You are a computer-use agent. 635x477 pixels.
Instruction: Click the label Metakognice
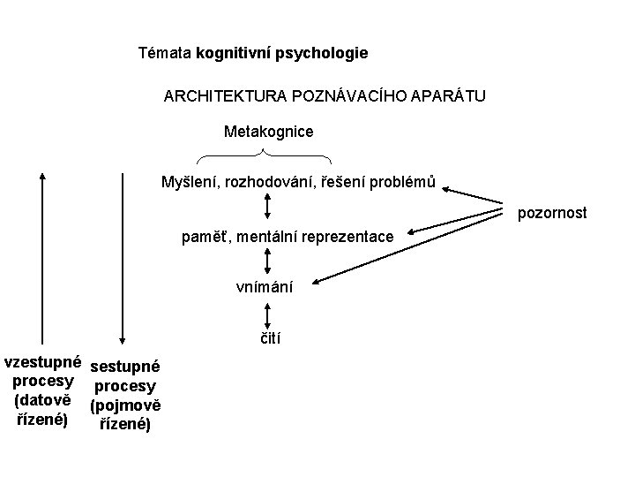[268, 132]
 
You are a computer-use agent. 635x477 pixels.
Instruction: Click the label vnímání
[265, 286]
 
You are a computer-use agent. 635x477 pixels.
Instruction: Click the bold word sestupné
[125, 366]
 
